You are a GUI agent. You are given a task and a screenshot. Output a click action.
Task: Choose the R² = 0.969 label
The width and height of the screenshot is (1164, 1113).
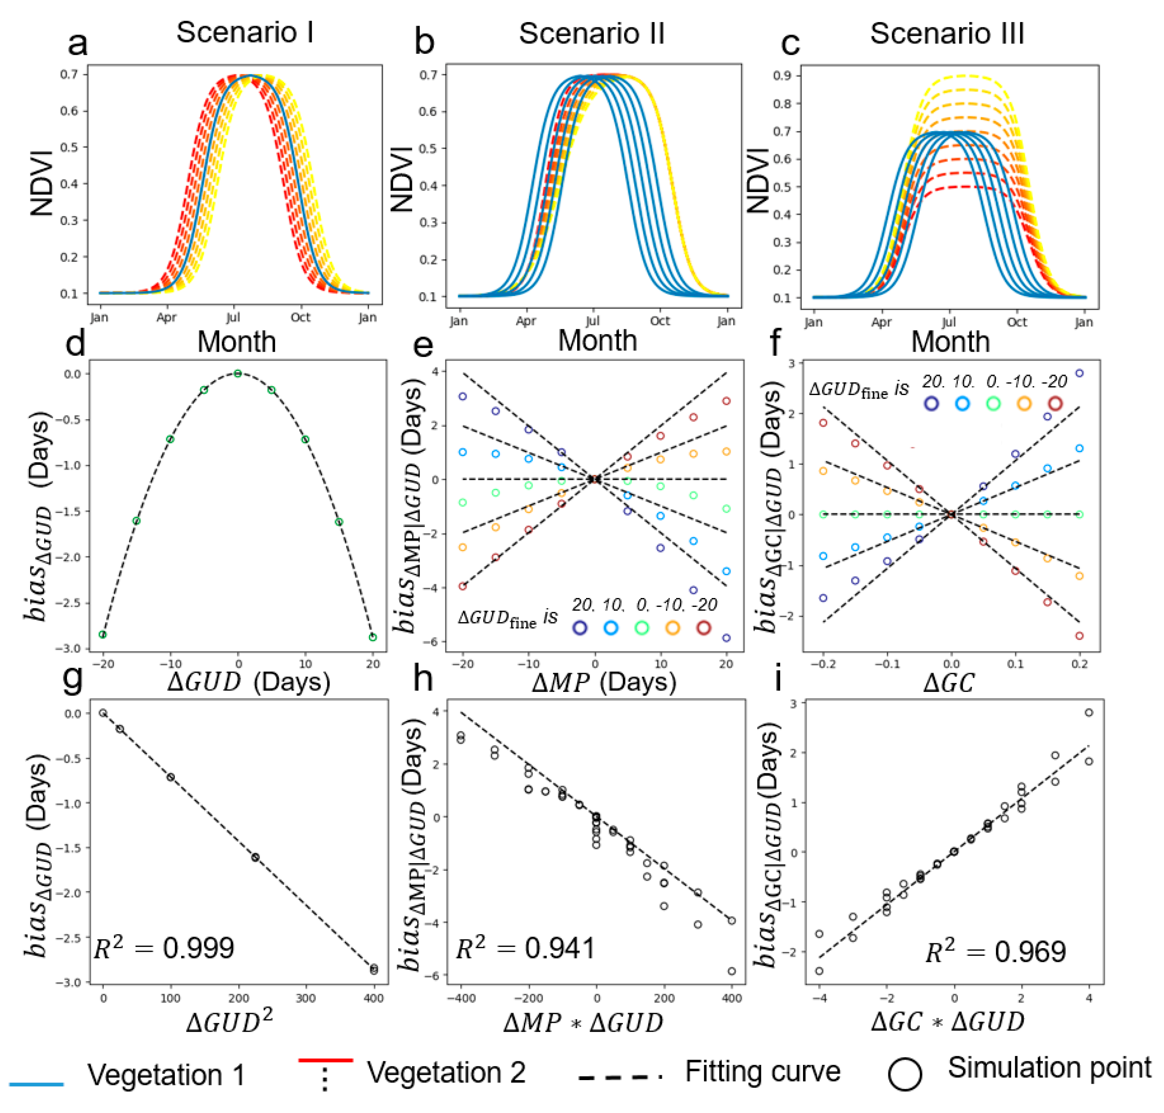pyautogui.click(x=996, y=952)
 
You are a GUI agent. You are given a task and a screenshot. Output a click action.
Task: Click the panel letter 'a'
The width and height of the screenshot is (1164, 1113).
pyautogui.click(x=78, y=44)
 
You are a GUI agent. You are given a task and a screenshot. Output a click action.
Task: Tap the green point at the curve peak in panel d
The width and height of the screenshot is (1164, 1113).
pyautogui.click(x=238, y=373)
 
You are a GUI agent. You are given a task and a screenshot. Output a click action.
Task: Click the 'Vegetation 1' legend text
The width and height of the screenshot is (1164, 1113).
pyautogui.click(x=166, y=1074)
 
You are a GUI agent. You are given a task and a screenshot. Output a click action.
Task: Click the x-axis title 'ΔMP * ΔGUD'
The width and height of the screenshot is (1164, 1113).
pyautogui.click(x=583, y=1022)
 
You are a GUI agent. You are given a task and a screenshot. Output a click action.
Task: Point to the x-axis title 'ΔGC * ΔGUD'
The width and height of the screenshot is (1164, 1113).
pyautogui.click(x=947, y=1022)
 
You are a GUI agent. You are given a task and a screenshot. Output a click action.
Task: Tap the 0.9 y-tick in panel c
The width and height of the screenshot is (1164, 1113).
pyautogui.click(x=783, y=75)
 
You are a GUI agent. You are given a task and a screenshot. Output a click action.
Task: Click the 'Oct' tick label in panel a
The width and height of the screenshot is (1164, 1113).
pyautogui.click(x=300, y=317)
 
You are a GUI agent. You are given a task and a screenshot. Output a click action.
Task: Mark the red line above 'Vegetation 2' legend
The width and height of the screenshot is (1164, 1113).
pyautogui.click(x=325, y=1060)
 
